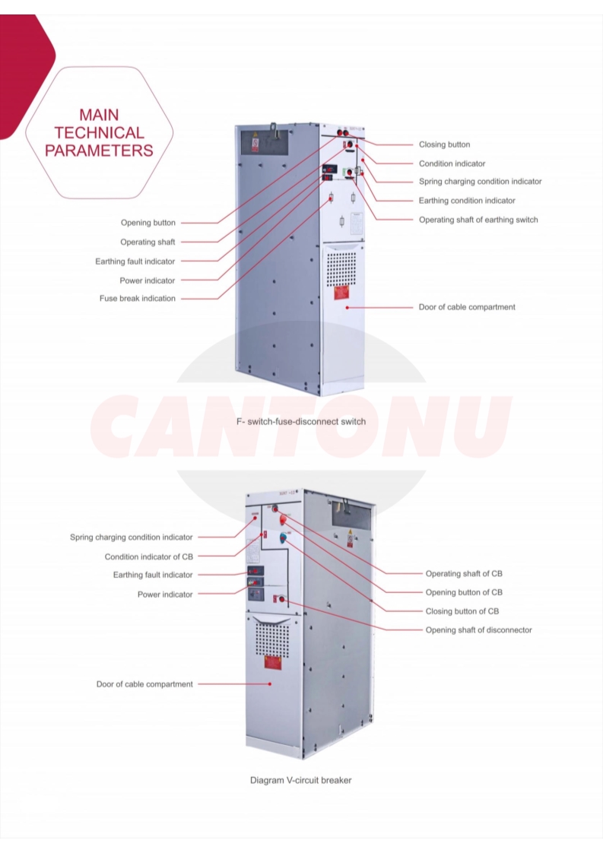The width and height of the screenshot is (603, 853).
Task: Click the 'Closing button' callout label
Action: coord(444,144)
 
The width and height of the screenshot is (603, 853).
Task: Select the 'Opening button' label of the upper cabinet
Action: coord(148,223)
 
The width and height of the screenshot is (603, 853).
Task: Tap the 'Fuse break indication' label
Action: coord(137,298)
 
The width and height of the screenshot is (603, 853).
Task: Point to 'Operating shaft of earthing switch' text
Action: coord(478,220)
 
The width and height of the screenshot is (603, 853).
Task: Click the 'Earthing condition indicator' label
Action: coord(467,201)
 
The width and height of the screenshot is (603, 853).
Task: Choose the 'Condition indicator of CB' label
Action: coord(148,557)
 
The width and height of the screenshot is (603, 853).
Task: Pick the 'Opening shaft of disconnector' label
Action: coord(478,629)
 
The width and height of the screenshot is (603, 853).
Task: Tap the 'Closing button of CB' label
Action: coord(462,611)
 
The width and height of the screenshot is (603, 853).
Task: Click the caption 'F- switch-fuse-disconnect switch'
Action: coord(301,421)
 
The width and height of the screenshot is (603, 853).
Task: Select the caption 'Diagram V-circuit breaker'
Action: coord(301,780)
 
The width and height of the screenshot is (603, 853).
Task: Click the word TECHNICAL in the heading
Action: coord(99,133)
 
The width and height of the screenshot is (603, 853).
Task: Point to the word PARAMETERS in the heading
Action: coord(99,151)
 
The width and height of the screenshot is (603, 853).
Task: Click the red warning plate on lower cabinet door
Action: coord(272,661)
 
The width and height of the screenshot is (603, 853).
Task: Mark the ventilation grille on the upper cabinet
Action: coord(341,267)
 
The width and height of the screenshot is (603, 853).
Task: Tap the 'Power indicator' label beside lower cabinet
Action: coord(165,594)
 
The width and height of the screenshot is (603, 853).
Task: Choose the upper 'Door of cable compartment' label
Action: coord(467,307)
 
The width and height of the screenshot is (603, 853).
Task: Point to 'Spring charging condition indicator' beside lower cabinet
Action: coord(132,537)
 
